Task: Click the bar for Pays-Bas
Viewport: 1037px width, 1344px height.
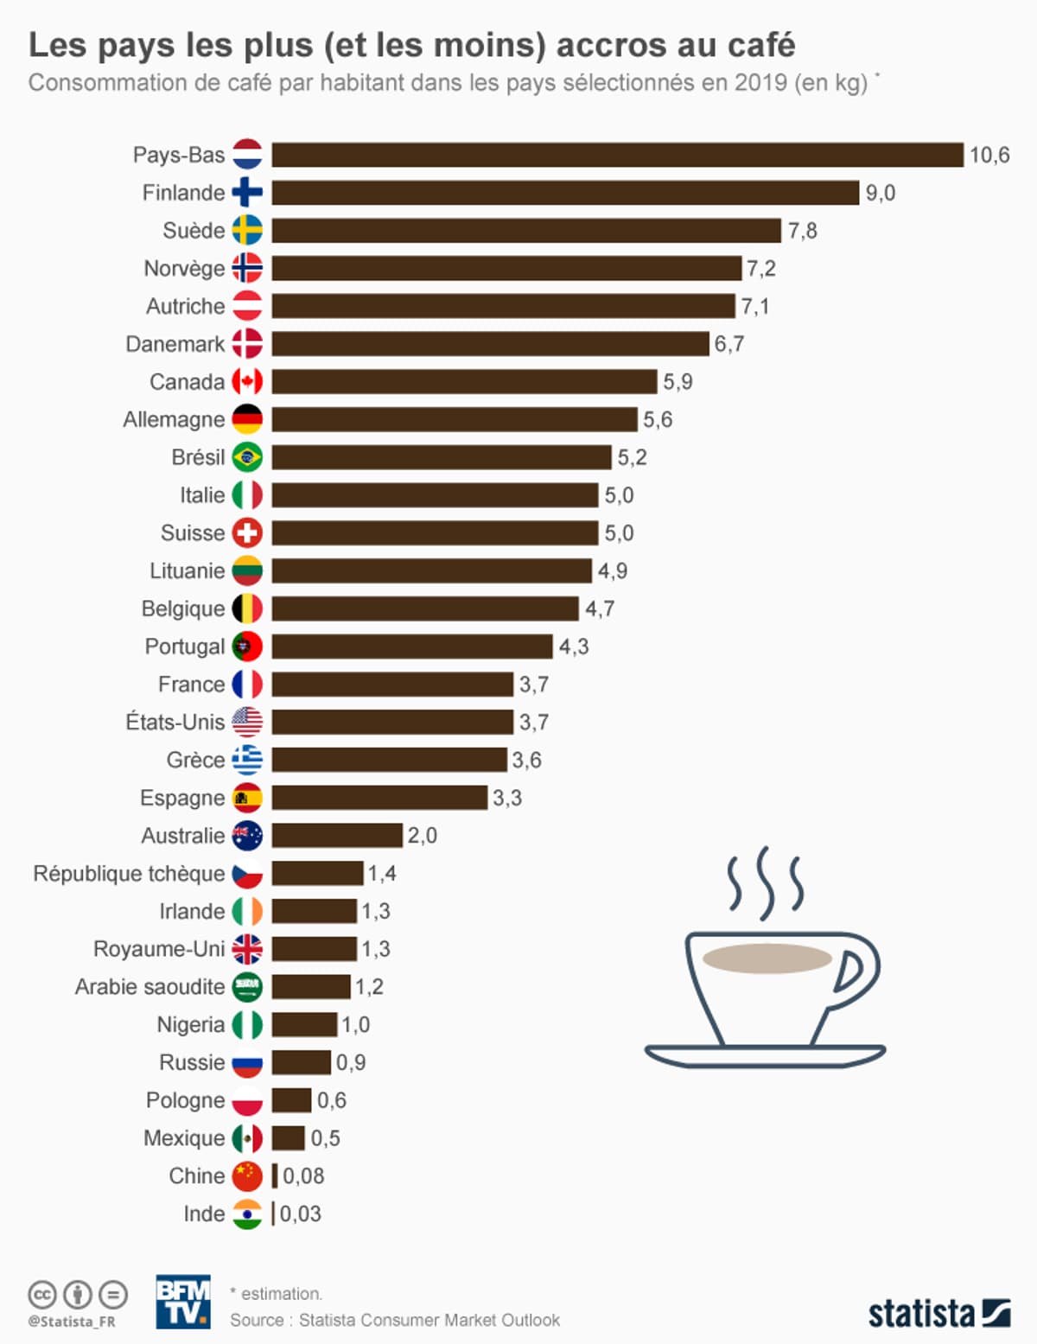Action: click(617, 155)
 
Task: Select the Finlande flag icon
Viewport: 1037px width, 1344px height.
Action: click(247, 193)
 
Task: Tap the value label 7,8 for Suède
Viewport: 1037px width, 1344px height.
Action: click(802, 231)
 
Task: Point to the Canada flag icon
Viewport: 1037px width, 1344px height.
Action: click(247, 382)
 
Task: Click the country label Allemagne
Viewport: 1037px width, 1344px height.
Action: click(174, 420)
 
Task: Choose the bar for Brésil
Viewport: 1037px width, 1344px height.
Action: click(441, 457)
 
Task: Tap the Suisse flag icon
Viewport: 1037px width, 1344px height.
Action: click(247, 533)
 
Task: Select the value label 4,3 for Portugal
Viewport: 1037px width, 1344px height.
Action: click(573, 647)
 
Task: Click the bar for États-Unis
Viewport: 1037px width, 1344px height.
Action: click(392, 723)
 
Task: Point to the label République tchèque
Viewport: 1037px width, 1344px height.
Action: click(129, 874)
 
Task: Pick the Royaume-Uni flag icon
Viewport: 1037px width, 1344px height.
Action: click(247, 949)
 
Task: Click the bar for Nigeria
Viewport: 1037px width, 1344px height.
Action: click(304, 1025)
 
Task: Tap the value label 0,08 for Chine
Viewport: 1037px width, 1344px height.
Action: click(303, 1176)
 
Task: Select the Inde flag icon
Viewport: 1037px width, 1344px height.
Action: click(247, 1214)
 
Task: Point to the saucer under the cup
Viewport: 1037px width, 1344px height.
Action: click(765, 1055)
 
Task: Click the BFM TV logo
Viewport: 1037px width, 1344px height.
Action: click(182, 1302)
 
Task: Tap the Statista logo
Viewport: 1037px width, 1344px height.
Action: click(938, 1314)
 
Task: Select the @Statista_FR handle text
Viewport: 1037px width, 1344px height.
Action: click(71, 1322)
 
